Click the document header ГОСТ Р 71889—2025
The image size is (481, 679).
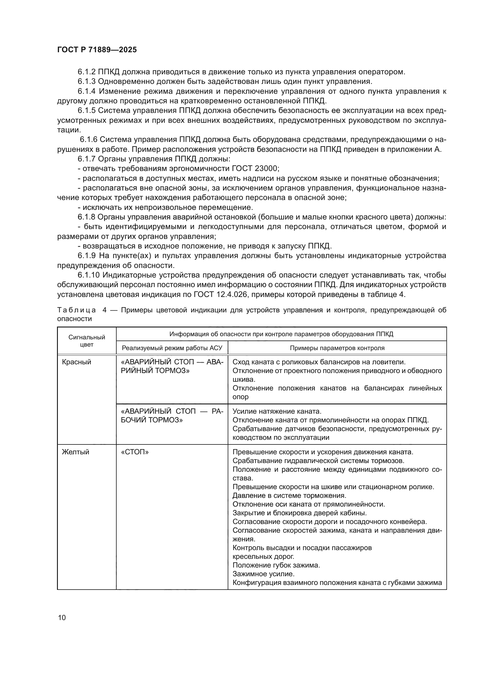(97, 50)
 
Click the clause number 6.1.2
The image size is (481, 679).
(86, 72)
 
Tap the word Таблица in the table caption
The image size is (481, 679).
(76, 310)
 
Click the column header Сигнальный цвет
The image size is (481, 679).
(87, 341)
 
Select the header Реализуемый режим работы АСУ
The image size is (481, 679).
(172, 348)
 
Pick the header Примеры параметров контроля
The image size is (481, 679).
(337, 348)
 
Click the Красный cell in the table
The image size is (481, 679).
(76, 362)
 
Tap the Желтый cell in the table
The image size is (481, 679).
(76, 452)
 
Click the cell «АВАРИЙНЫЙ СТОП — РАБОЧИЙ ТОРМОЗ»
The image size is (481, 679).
(172, 415)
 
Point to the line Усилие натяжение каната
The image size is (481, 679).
(277, 411)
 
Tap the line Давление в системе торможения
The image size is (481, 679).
(289, 495)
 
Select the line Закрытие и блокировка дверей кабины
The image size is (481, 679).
(300, 513)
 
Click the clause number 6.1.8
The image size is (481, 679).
(86, 217)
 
